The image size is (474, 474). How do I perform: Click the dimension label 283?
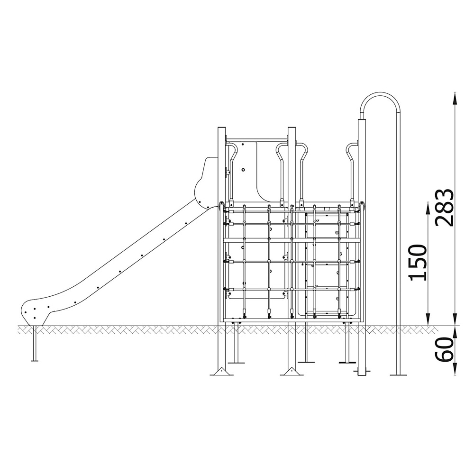444,208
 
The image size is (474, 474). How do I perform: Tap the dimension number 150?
418,263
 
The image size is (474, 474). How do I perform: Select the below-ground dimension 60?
444,349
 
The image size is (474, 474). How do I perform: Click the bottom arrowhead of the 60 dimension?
455,369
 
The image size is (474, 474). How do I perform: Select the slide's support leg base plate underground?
35,360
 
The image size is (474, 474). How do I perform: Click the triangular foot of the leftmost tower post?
222,371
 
